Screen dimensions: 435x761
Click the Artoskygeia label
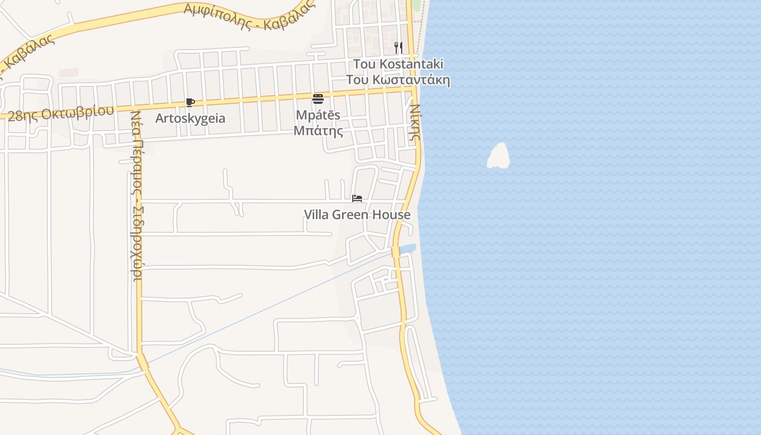[x=190, y=118]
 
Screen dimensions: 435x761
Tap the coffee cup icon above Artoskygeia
[x=190, y=102]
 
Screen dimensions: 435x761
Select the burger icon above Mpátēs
[x=318, y=98]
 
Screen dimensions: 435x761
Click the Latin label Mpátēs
[x=318, y=115]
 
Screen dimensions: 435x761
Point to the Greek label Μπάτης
[x=318, y=130]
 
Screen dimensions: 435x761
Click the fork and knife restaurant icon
[x=398, y=48]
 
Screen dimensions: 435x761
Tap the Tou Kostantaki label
[x=398, y=64]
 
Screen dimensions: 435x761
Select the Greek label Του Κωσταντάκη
[x=398, y=80]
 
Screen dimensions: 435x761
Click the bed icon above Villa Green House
[x=357, y=198]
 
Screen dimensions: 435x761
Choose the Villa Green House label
[x=357, y=215]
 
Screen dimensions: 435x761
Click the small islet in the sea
[x=498, y=156]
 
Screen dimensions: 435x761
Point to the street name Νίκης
[x=414, y=122]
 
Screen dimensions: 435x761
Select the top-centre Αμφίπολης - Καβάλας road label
[x=250, y=15]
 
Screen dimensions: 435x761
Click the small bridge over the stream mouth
[x=396, y=252]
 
